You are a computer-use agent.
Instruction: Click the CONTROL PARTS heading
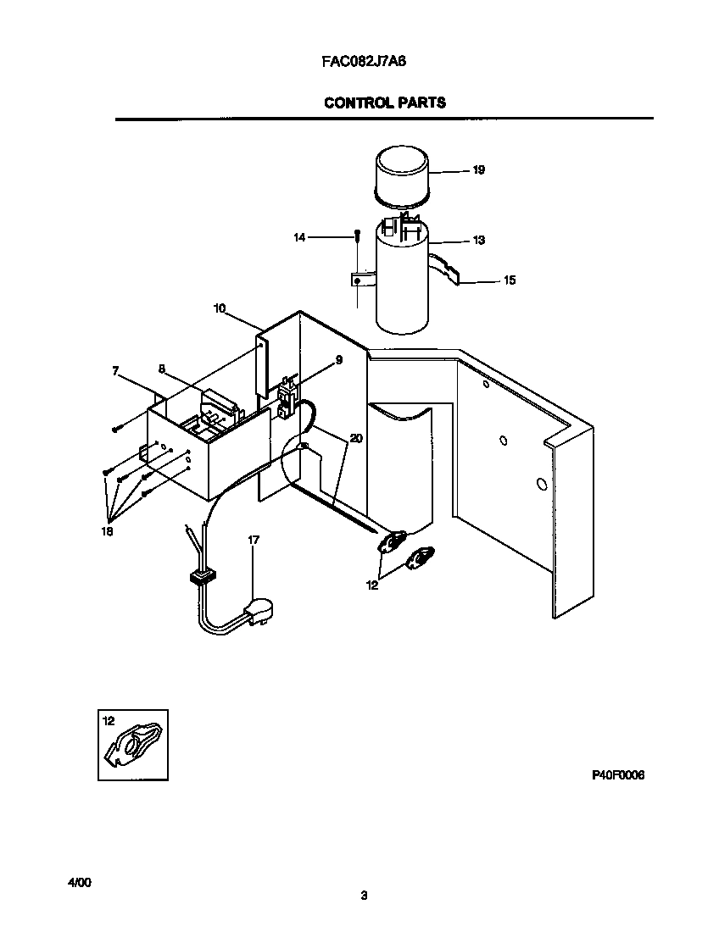(x=384, y=103)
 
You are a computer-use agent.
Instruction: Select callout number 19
(x=478, y=170)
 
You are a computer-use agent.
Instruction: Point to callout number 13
(x=478, y=241)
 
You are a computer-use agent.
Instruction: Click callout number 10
(x=220, y=308)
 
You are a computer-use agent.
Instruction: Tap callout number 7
(x=115, y=370)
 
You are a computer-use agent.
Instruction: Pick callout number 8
(x=161, y=369)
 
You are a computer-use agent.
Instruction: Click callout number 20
(x=355, y=438)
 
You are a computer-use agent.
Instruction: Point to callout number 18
(x=106, y=531)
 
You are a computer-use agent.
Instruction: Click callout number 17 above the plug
(x=254, y=540)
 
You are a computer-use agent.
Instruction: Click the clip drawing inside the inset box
(x=136, y=745)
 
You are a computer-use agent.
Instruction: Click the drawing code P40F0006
(x=617, y=774)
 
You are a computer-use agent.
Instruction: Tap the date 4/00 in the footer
(x=79, y=882)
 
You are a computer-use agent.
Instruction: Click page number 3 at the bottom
(x=364, y=896)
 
